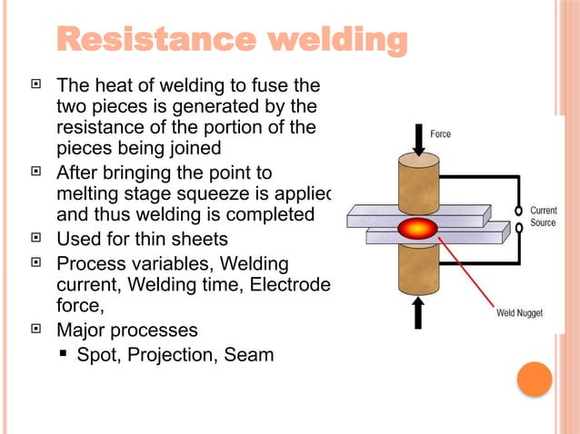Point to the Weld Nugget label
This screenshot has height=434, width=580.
(x=519, y=313)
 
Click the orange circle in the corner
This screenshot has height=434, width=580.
(x=535, y=379)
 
